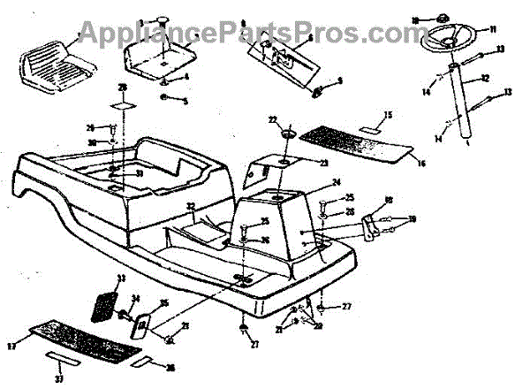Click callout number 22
click(x=273, y=119)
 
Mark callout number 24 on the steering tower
click(x=311, y=183)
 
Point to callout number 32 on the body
click(x=189, y=207)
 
